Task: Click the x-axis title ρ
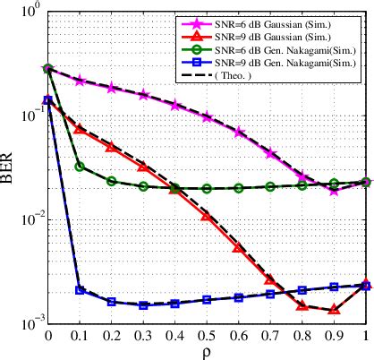pos(207,352)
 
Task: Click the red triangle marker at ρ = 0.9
pos(334,309)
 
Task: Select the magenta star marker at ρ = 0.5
pos(207,117)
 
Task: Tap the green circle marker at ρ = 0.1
pos(80,167)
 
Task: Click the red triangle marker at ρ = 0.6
pos(238,247)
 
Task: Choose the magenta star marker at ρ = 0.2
pos(111,88)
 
